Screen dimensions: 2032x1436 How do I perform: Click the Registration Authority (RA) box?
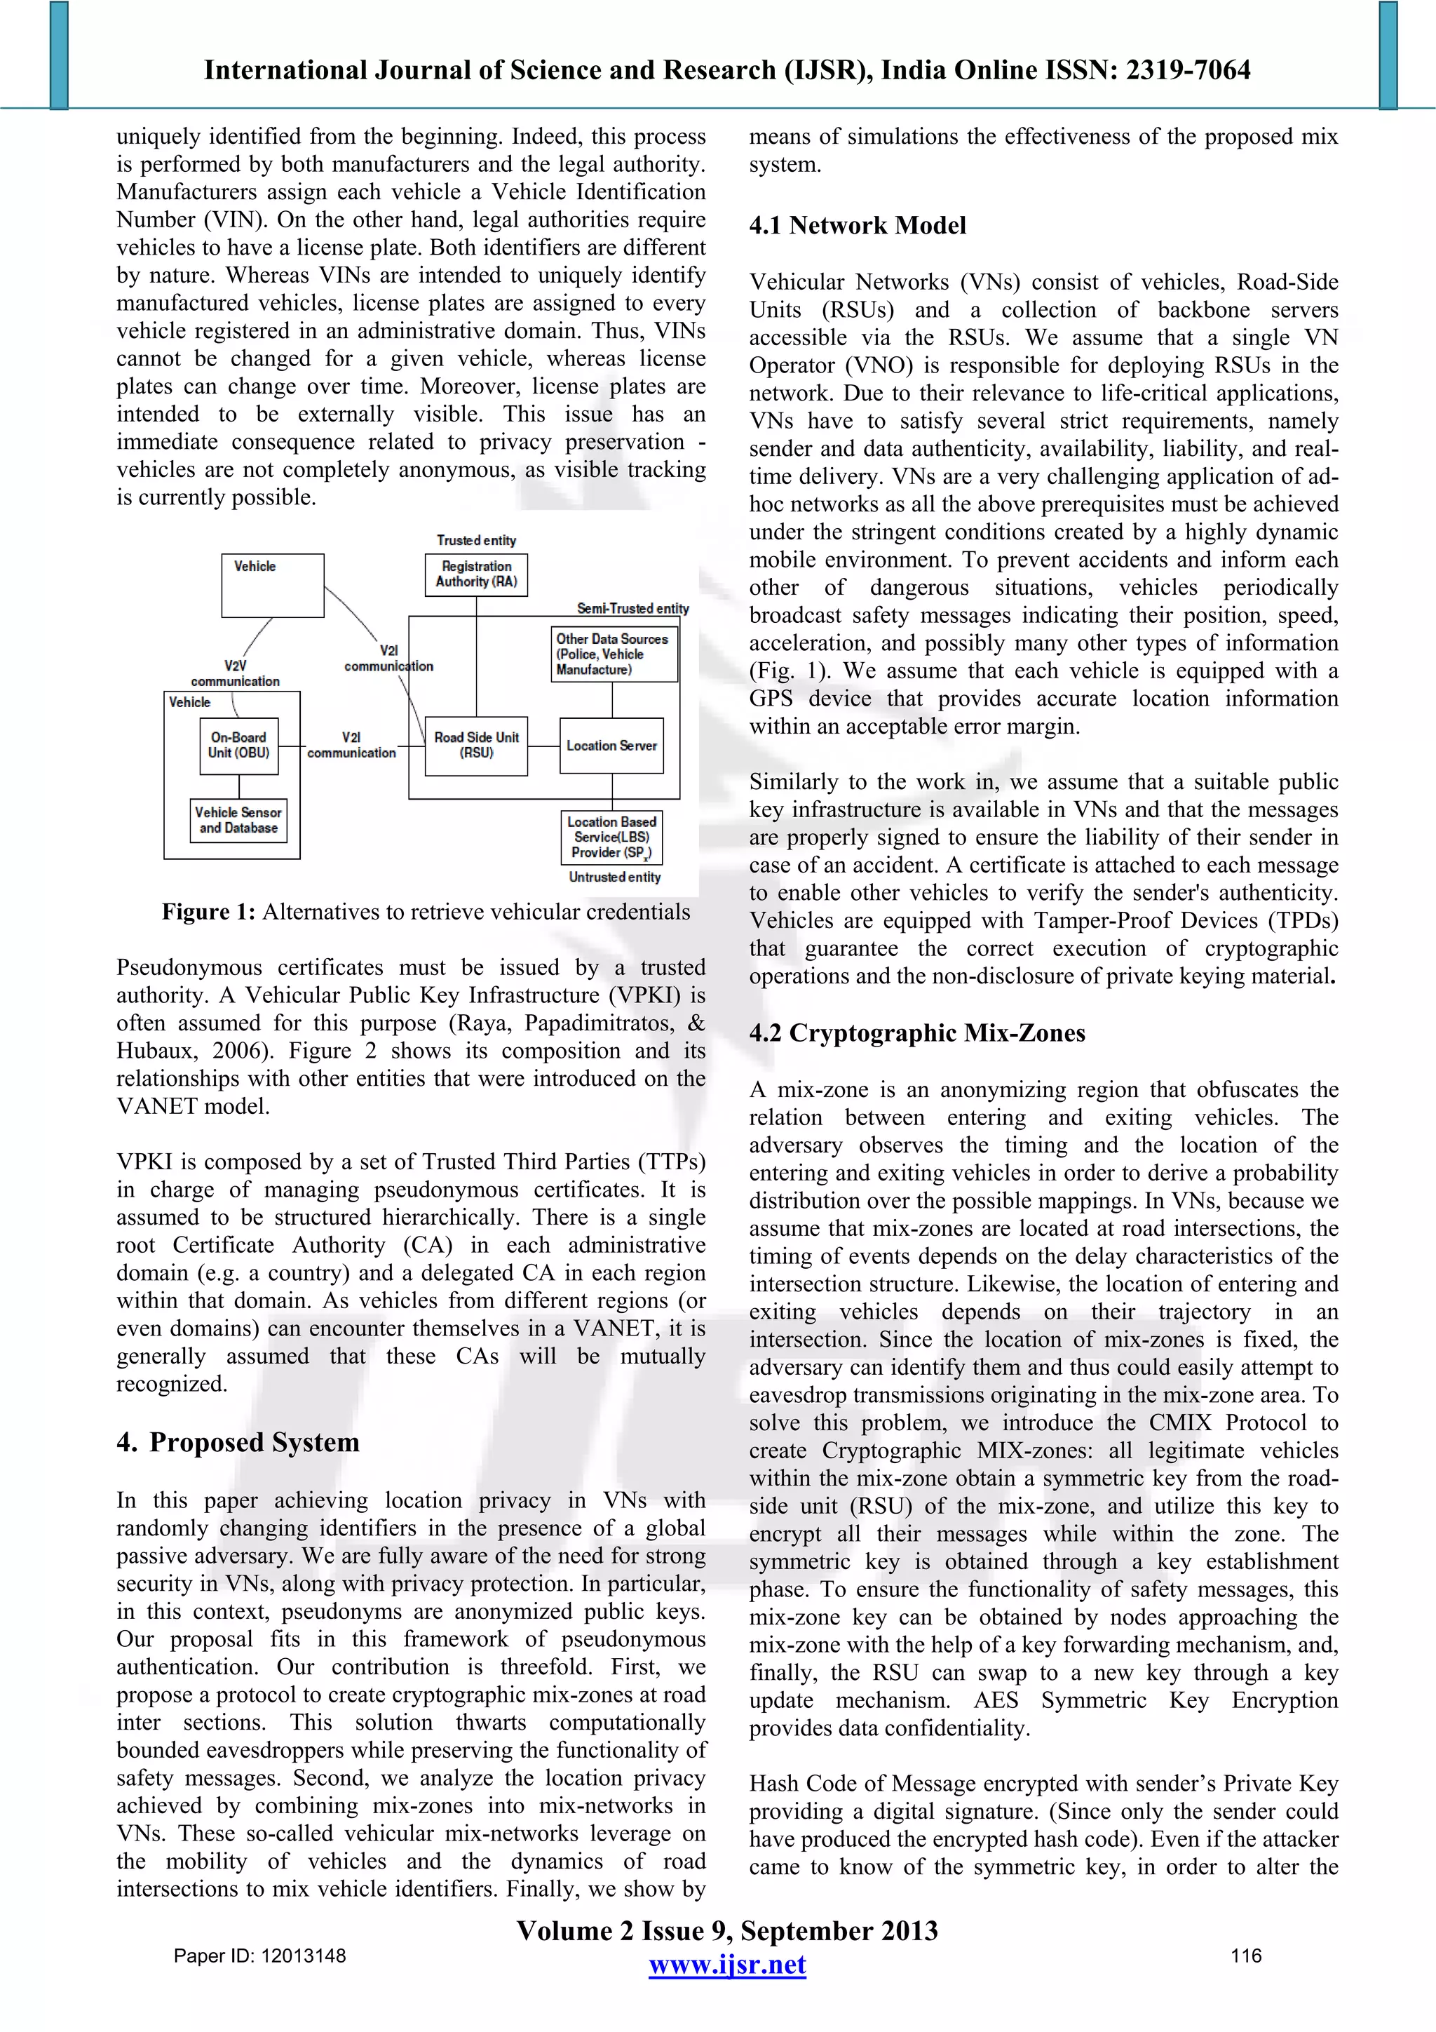coord(476,574)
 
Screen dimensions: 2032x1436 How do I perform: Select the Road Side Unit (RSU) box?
coord(476,745)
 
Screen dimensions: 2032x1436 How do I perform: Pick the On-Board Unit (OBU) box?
coord(239,745)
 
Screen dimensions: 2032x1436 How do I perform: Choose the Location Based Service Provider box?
coord(611,837)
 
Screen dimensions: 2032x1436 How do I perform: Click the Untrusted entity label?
coord(614,877)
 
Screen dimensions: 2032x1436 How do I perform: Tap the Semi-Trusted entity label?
coord(632,608)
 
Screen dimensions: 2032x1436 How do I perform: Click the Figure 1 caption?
coord(426,913)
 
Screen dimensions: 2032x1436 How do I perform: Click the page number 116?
coord(1246,1956)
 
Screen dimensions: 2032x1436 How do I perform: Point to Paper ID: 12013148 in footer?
coord(259,1956)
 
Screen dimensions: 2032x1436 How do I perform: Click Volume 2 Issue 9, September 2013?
coord(726,1930)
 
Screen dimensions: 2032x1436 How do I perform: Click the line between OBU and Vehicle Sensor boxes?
coord(239,787)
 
